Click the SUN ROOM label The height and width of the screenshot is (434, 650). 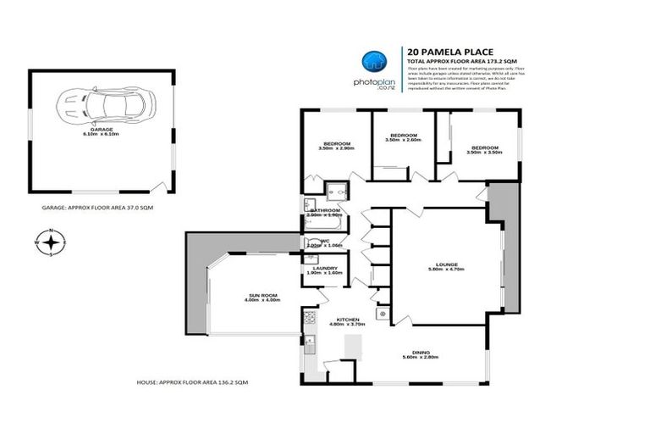pyautogui.click(x=251, y=293)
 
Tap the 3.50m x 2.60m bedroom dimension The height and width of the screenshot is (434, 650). pyautogui.click(x=403, y=140)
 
